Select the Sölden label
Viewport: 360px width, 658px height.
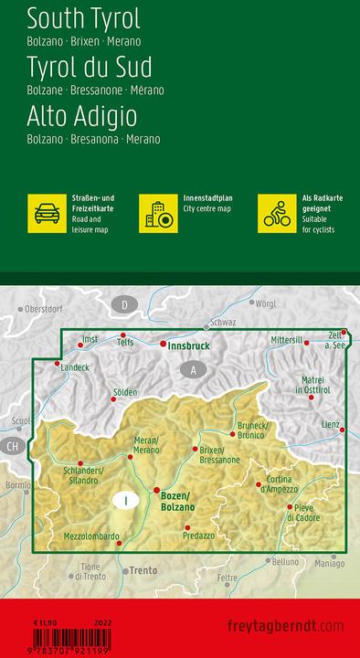(x=124, y=393)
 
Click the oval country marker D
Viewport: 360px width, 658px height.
(x=124, y=303)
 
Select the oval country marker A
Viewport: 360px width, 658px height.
(x=193, y=369)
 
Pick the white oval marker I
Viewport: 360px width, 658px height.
(x=125, y=500)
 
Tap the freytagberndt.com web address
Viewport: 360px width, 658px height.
(x=293, y=625)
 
